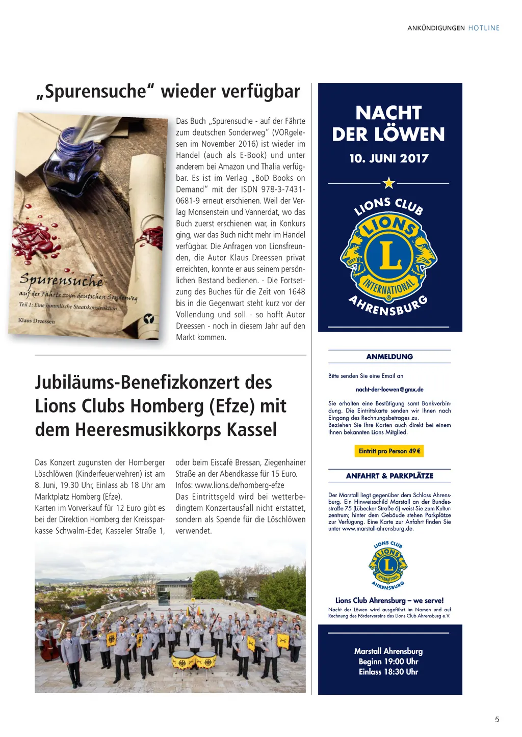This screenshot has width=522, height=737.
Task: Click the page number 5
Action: pos(497,719)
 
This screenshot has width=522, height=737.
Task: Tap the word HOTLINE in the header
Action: pos(484,28)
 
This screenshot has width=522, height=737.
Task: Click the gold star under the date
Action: pos(389,182)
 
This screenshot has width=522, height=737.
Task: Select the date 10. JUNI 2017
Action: pos(389,158)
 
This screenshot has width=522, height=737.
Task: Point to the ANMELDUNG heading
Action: pos(389,357)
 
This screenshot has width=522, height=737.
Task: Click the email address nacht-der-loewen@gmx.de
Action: pos(389,390)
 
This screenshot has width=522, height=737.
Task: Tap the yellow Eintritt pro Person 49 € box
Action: pos(389,451)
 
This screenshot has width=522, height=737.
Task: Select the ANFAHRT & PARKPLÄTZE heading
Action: pos(389,476)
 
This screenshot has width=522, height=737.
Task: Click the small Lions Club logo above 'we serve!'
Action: pos(388,565)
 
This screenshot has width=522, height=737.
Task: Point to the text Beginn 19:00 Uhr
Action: pos(388,662)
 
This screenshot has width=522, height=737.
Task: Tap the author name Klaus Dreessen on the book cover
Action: pos(36,320)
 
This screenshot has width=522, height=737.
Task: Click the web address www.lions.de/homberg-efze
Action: pos(240,485)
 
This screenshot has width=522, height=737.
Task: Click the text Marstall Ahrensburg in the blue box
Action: pos(388,651)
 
